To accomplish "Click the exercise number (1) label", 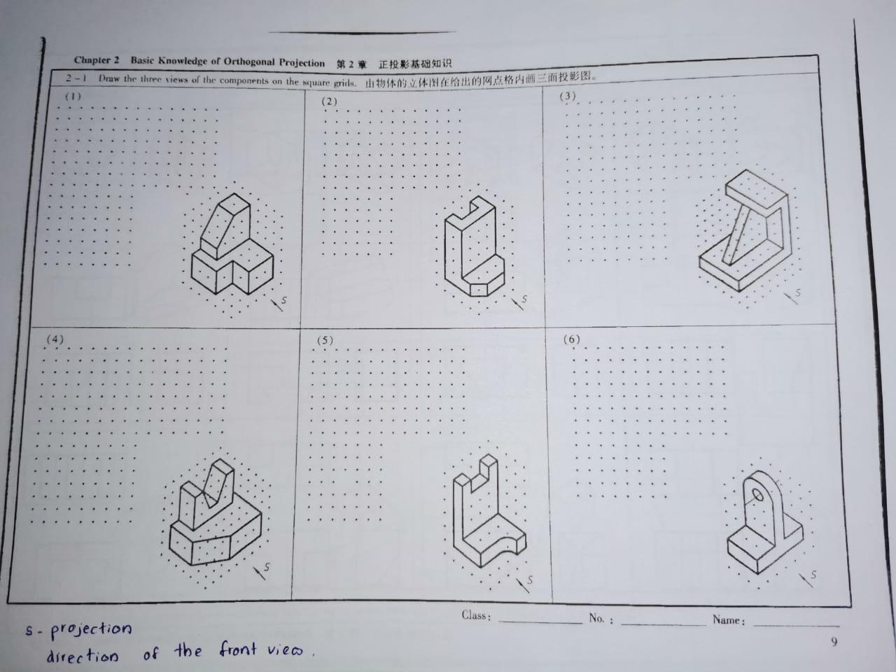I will tap(73, 97).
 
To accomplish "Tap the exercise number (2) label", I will tap(329, 101).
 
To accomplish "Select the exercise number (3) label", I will tap(567, 97).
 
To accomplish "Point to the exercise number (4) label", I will tap(55, 339).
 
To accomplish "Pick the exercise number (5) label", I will tap(325, 341).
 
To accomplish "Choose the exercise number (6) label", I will tap(572, 339).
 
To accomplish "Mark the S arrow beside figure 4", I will tap(262, 570).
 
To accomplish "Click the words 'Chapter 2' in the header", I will tap(97, 61).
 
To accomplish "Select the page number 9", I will tap(834, 641).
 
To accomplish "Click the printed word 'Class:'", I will tap(476, 616).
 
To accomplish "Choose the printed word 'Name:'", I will tap(729, 620).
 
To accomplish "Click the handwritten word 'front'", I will tap(238, 650).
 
